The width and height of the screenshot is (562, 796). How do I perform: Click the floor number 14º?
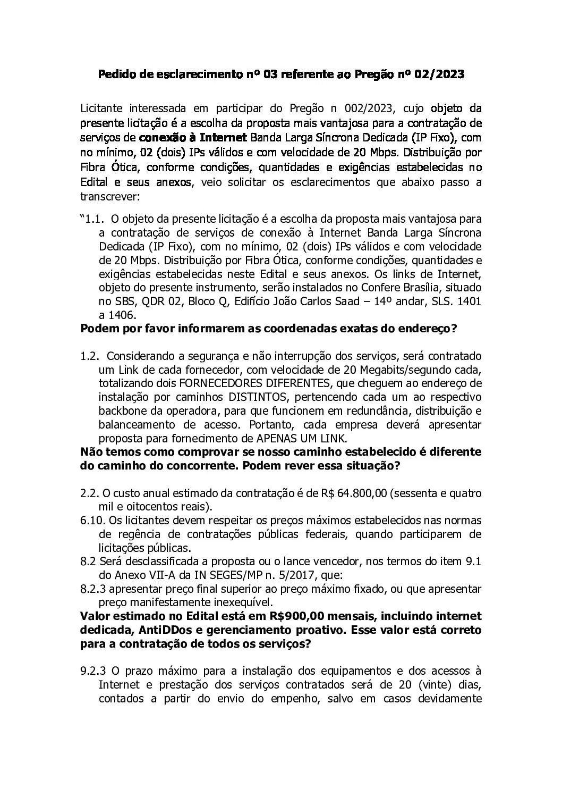point(406,301)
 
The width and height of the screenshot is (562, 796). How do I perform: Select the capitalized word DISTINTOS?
point(257,397)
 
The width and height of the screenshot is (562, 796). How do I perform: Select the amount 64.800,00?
point(361,493)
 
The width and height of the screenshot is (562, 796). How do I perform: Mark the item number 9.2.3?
point(93,671)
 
